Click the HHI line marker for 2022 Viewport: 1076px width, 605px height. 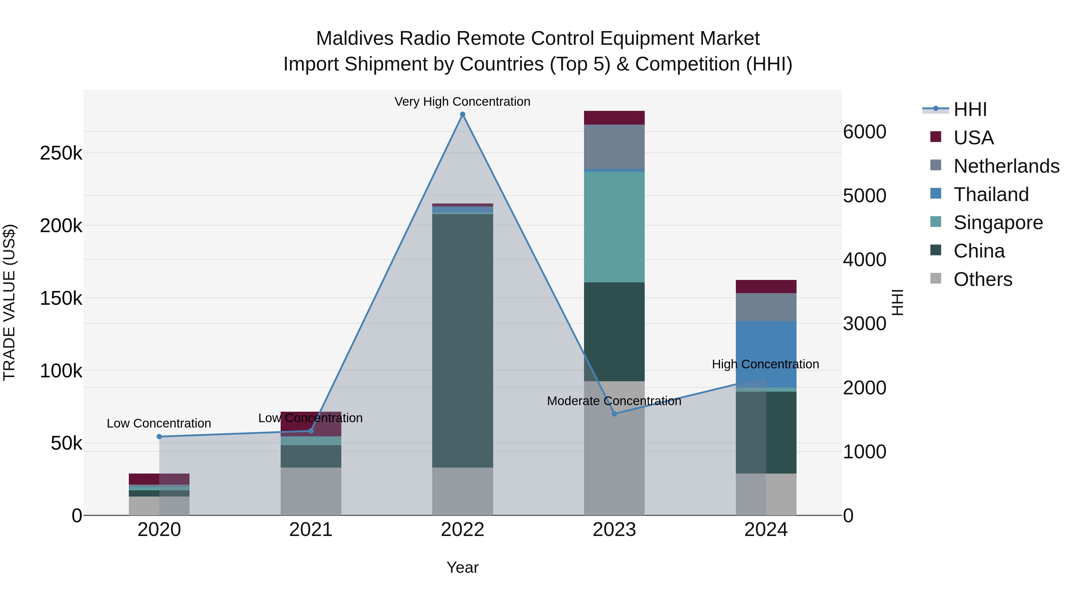pos(462,114)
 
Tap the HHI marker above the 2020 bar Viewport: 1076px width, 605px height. pos(159,437)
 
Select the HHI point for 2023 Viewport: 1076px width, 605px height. pos(614,414)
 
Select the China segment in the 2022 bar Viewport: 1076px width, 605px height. pos(462,340)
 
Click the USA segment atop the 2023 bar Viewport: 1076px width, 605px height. pos(614,118)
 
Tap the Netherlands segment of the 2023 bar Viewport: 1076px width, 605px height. pos(614,147)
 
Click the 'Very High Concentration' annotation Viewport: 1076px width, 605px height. pos(462,102)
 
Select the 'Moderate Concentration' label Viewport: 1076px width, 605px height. pos(614,401)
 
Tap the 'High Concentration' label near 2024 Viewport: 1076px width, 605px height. pos(765,364)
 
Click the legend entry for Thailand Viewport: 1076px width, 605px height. pos(991,194)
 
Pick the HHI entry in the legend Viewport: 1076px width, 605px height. pos(970,109)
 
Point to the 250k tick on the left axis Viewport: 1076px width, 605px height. pos(61,153)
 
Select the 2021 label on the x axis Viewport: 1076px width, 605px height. pos(311,530)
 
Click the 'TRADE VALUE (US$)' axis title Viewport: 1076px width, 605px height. pos(9,302)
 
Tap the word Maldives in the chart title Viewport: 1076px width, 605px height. pos(354,39)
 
